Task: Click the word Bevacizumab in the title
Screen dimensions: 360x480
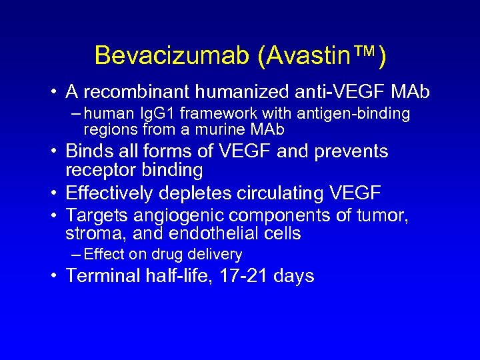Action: point(171,55)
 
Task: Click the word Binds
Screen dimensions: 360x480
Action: point(91,151)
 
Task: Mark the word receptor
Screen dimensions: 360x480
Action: point(99,170)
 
